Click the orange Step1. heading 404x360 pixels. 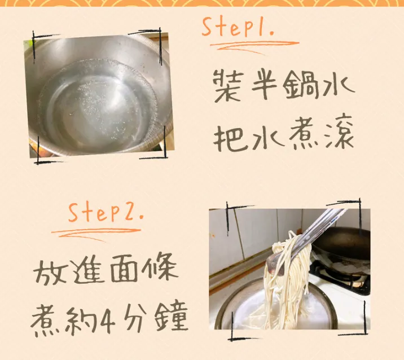[x=238, y=27]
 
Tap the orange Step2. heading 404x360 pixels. [x=106, y=213]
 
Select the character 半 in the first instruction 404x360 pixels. [x=264, y=85]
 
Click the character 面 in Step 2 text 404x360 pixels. [x=123, y=270]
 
